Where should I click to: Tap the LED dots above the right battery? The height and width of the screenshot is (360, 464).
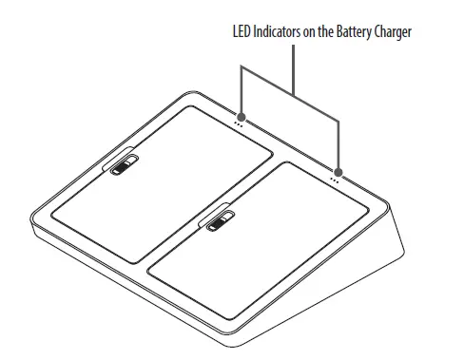click(335, 177)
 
